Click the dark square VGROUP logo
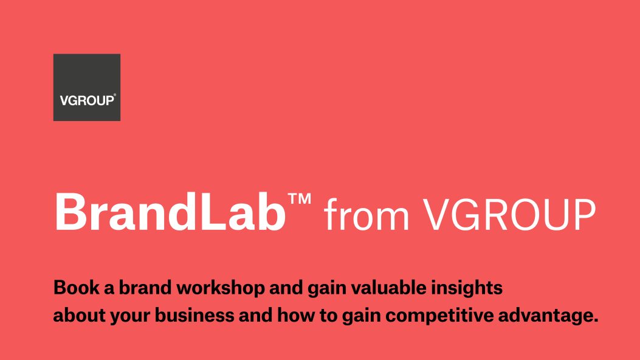point(87,87)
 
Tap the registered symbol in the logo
point(115,95)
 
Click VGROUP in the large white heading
point(509,213)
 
